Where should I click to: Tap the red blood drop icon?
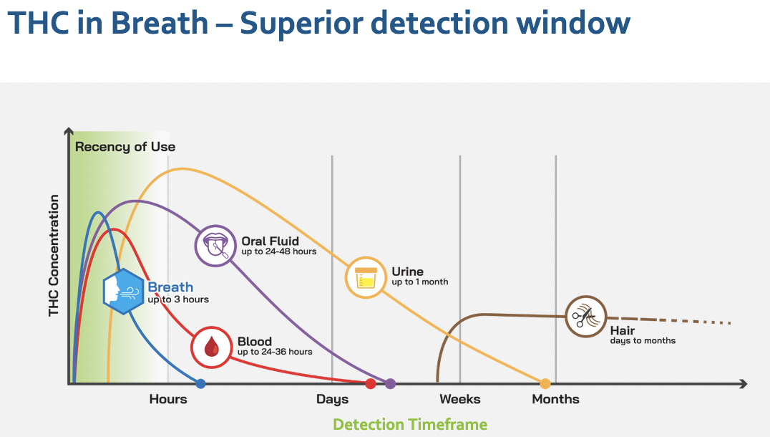(x=211, y=347)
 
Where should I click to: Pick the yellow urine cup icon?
(x=366, y=277)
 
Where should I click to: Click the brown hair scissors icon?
(x=586, y=316)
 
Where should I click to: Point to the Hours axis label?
(x=168, y=399)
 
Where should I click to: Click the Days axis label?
(x=333, y=399)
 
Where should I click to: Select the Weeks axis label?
(x=460, y=399)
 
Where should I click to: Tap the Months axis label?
(x=556, y=399)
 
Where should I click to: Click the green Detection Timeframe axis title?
(x=410, y=424)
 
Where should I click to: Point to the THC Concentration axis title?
(x=54, y=256)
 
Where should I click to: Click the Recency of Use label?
(x=125, y=147)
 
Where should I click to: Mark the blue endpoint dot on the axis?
(x=201, y=384)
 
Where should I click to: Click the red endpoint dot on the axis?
(x=371, y=384)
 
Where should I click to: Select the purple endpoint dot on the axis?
(x=390, y=384)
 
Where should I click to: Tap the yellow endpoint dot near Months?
(x=545, y=384)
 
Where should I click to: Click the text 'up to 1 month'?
(x=420, y=282)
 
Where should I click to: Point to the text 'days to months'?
(x=643, y=341)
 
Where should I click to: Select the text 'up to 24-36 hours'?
(x=275, y=352)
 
